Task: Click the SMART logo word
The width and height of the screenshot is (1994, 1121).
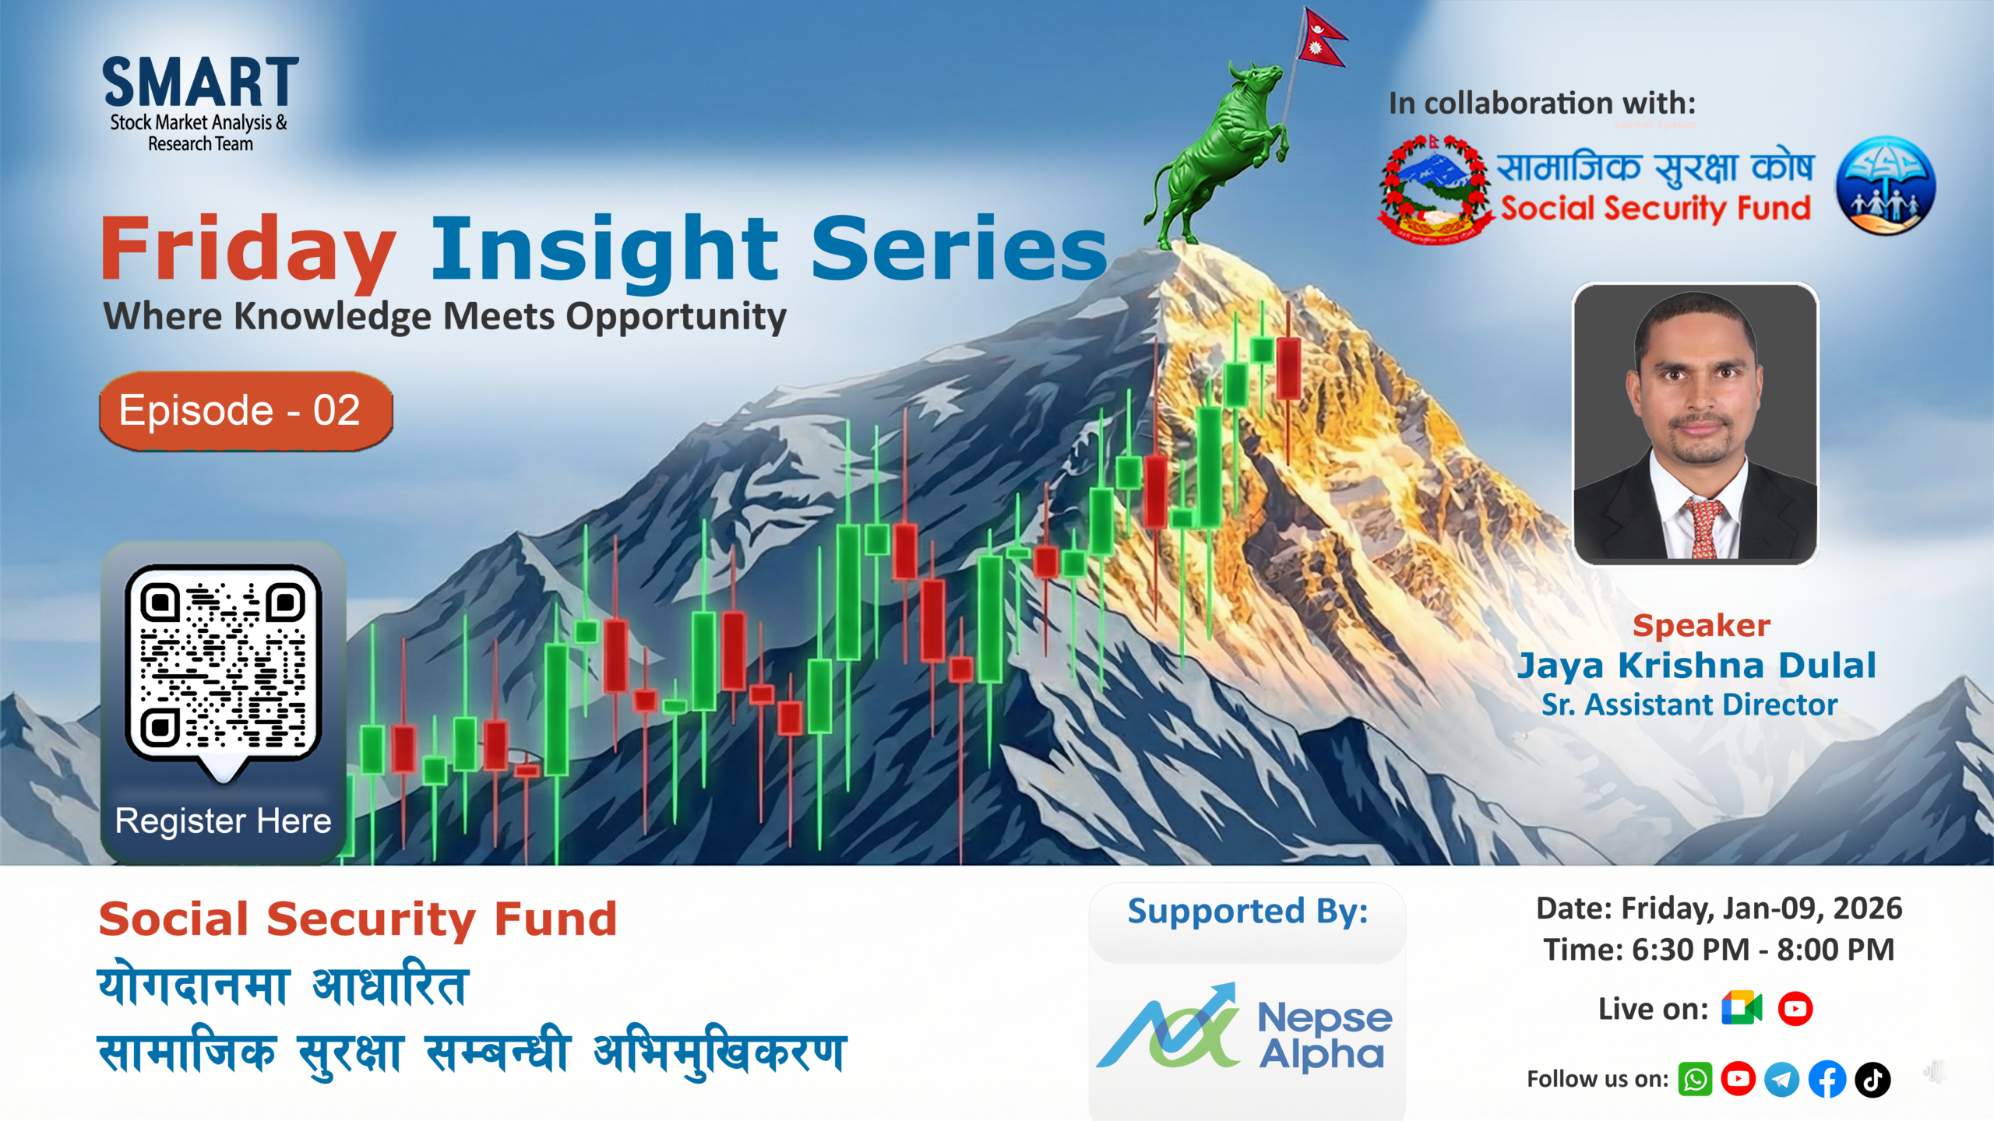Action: tap(200, 83)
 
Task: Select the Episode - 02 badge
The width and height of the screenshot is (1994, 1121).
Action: tap(245, 411)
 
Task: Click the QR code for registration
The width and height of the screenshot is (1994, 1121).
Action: tap(224, 662)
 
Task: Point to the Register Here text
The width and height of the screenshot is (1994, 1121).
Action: tap(224, 821)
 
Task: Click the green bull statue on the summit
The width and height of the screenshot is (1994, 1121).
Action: tap(1219, 156)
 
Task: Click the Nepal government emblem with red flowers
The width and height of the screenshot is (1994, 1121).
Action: tap(1436, 189)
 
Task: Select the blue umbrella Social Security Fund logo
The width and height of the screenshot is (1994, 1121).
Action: tap(1886, 186)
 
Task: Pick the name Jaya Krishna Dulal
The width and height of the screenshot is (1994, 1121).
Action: tap(1696, 666)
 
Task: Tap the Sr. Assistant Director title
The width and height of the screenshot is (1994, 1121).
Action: tap(1689, 705)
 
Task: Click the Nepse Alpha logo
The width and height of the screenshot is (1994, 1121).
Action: tap(1246, 1028)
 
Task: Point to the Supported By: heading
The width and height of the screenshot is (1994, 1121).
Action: tap(1248, 911)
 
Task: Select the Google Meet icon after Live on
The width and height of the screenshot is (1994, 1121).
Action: tap(1742, 1009)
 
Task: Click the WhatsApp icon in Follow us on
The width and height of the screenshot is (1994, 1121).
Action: tap(1695, 1080)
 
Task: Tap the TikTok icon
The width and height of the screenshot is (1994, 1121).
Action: tap(1872, 1080)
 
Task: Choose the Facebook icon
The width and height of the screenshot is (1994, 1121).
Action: tap(1827, 1080)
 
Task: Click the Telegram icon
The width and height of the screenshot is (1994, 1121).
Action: tap(1782, 1080)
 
